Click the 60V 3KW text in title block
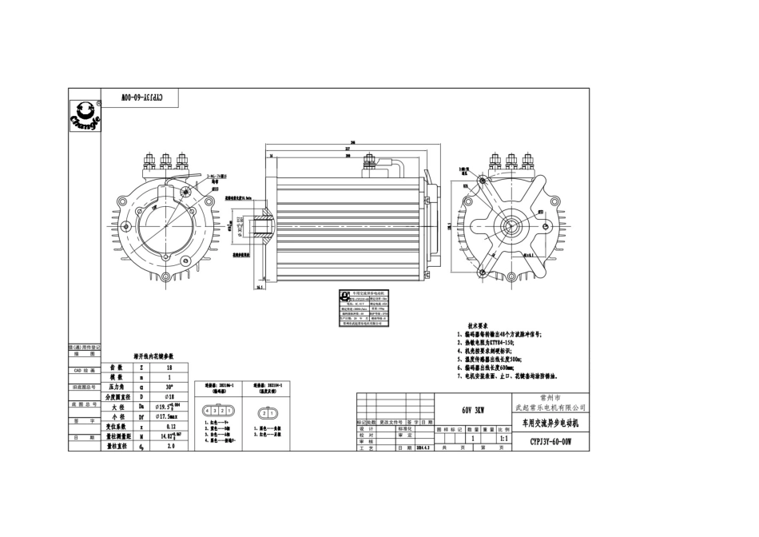pyautogui.click(x=473, y=410)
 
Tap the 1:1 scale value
pyautogui.click(x=503, y=439)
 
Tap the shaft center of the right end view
pyautogui.click(x=510, y=226)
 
